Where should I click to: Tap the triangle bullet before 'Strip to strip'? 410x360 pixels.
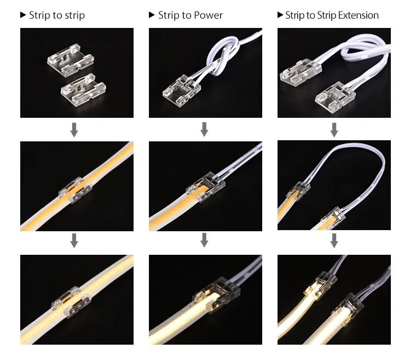(x=23, y=15)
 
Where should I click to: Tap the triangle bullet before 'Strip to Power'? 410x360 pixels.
(x=152, y=15)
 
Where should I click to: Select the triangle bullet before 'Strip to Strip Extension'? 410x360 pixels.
(x=281, y=15)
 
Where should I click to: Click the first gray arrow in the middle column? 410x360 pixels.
(x=204, y=130)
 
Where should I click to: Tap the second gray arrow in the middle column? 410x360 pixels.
(x=204, y=241)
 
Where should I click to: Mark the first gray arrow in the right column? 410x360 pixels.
(x=334, y=130)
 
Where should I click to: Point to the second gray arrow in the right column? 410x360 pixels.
(x=334, y=241)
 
